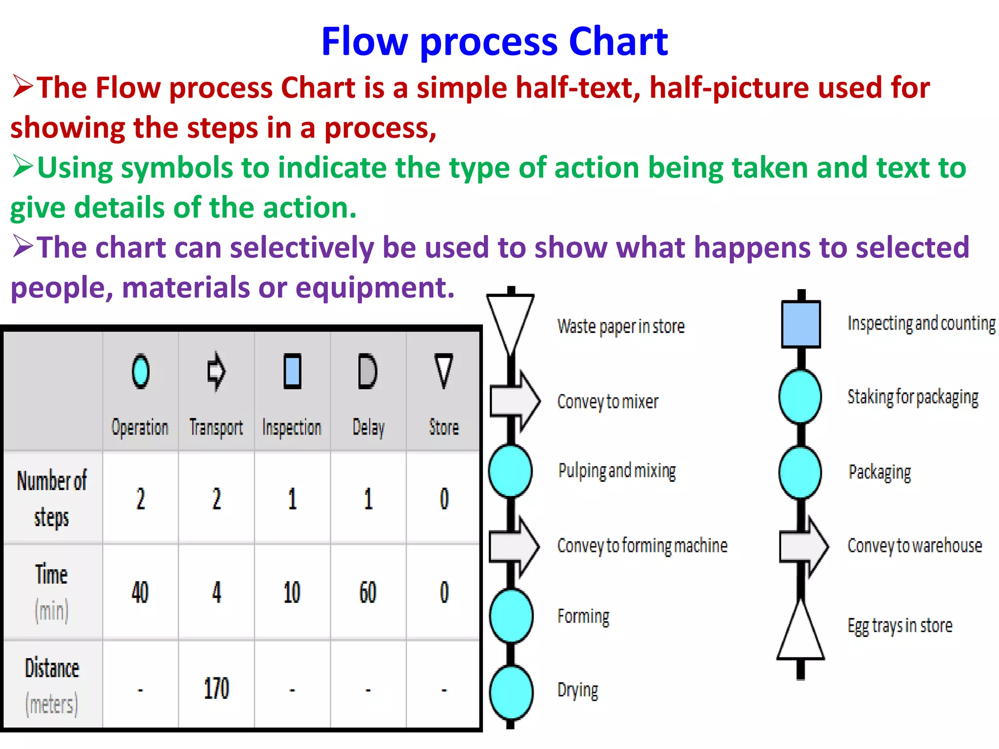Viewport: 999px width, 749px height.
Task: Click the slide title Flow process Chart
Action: coord(494,42)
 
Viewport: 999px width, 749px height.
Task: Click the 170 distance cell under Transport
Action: coord(216,689)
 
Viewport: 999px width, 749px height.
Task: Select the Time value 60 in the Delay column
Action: coord(368,592)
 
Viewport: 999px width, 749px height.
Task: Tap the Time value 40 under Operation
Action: coord(140,592)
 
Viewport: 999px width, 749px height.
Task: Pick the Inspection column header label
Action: coord(292,428)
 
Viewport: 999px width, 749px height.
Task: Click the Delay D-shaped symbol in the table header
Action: coord(367,372)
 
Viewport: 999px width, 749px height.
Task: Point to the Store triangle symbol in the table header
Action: coord(443,371)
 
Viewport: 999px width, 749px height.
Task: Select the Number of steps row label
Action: coord(52,498)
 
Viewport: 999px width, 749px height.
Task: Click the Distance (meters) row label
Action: coord(52,686)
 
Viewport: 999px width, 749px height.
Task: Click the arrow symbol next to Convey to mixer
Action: coord(515,401)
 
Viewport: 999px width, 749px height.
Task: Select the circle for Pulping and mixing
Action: coord(510,471)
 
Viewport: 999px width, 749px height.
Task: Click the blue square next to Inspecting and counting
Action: coord(800,324)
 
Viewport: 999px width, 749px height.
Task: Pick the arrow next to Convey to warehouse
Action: coord(804,546)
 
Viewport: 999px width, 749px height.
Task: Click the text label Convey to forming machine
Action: coord(642,546)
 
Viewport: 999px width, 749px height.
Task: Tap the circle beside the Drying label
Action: coord(511,692)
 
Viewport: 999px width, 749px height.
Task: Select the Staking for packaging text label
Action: coord(913,397)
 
